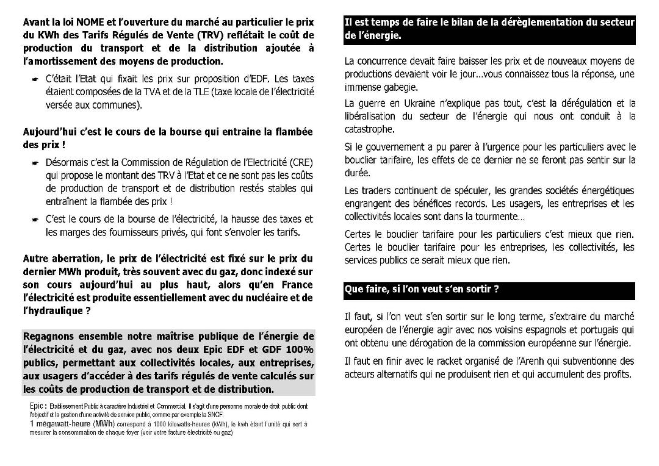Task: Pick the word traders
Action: [373, 191]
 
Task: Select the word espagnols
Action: [549, 329]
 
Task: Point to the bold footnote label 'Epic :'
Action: [38, 406]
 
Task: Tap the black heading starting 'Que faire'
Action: [422, 289]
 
